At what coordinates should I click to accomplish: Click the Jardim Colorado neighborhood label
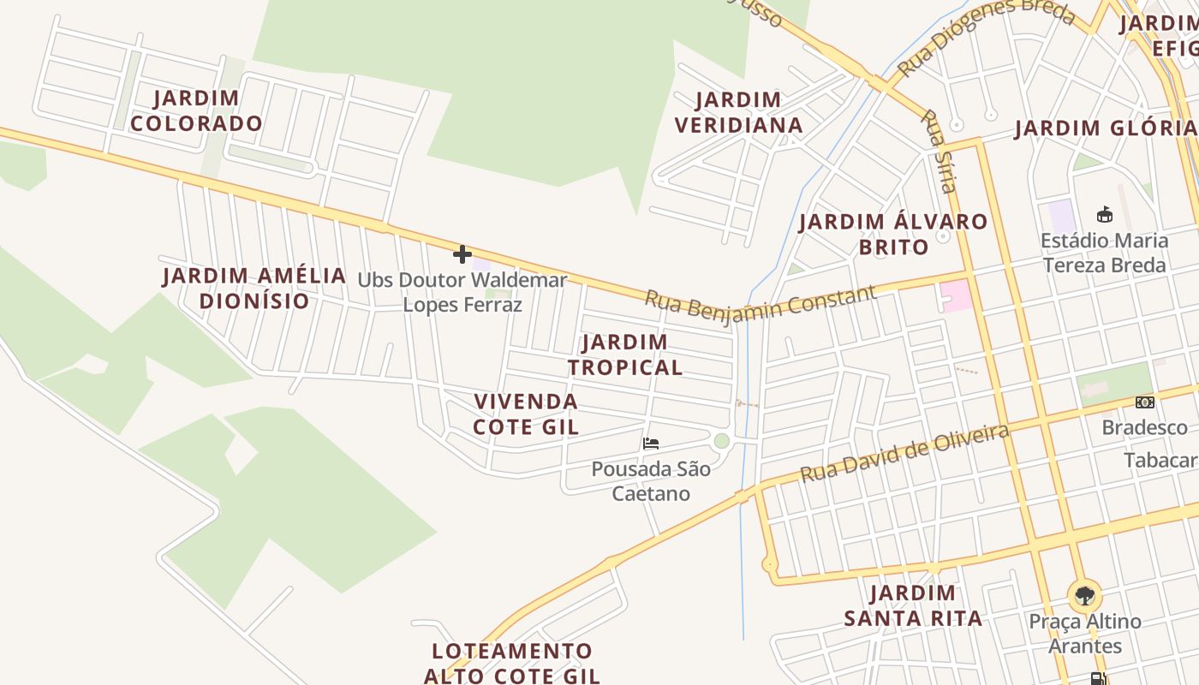point(196,110)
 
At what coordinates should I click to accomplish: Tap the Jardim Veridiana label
point(738,112)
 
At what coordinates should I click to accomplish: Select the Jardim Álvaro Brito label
point(893,234)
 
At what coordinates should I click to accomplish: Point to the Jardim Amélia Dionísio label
point(254,288)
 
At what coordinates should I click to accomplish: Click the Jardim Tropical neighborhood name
point(625,354)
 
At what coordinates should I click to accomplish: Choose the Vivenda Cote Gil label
point(526,414)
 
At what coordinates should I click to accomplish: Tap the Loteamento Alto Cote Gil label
point(512,663)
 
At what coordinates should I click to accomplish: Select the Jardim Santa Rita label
point(913,605)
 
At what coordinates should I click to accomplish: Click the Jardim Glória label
point(1105,128)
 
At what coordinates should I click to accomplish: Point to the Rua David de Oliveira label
point(904,453)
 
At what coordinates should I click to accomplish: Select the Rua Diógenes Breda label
point(985,37)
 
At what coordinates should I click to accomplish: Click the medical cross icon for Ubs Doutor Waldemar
point(462,254)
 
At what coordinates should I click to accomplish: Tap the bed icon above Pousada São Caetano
point(651,444)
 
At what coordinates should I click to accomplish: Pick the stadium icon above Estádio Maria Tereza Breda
point(1105,214)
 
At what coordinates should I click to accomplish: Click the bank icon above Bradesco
point(1145,402)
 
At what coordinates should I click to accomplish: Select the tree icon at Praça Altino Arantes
point(1085,595)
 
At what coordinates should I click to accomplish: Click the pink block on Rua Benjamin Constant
point(957,295)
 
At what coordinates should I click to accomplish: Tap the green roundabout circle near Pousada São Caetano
point(722,441)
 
